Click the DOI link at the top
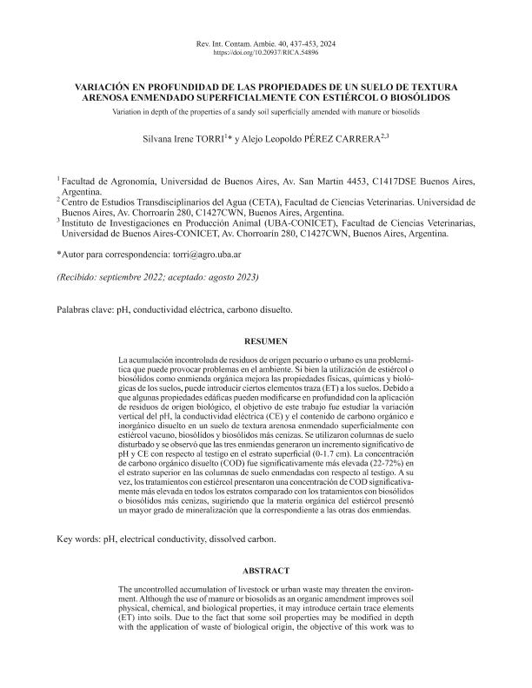(266, 53)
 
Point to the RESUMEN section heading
(266, 341)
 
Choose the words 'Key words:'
(76, 539)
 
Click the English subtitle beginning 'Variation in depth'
(266, 112)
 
